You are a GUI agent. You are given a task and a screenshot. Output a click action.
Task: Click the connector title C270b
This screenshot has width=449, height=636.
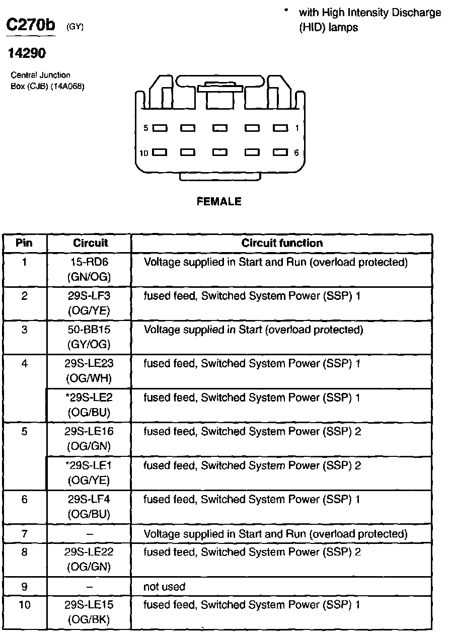tap(31, 26)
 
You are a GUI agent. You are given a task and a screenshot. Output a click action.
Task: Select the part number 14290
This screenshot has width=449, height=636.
tap(26, 53)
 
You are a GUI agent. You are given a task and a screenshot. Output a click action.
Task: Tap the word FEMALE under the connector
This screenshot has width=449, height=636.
tap(219, 202)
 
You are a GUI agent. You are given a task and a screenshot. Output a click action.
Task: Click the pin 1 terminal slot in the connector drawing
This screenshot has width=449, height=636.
tap(280, 128)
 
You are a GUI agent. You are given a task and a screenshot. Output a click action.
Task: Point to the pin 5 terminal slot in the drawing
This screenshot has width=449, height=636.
tap(160, 128)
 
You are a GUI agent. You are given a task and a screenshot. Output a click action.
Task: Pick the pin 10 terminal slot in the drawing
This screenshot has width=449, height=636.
tap(160, 152)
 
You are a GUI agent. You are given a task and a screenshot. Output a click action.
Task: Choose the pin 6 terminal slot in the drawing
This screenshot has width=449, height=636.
tap(280, 152)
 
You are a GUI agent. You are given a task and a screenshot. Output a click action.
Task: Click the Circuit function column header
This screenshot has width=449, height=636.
tap(282, 243)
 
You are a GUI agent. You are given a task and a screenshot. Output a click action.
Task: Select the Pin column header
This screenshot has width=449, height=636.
tap(24, 243)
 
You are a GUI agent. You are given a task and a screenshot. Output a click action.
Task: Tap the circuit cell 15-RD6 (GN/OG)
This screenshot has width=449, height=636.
tap(89, 270)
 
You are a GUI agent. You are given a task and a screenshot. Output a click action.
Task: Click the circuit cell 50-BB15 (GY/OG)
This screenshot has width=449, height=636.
tap(89, 337)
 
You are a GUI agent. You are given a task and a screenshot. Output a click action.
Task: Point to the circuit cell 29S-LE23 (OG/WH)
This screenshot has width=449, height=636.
tap(89, 371)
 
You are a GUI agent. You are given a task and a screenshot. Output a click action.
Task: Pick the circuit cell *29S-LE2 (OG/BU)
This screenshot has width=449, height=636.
tap(89, 405)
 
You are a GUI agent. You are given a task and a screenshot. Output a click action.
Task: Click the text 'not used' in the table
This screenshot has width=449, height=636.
tap(165, 587)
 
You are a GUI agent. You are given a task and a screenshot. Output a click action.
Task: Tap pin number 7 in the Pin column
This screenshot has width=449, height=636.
tap(24, 533)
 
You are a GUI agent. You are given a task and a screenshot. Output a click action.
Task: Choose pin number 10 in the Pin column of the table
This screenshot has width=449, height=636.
tap(24, 605)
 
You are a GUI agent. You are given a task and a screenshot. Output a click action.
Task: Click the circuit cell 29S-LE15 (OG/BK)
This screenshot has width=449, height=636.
tap(89, 612)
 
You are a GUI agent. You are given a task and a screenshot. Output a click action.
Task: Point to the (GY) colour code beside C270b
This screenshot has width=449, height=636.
tap(74, 28)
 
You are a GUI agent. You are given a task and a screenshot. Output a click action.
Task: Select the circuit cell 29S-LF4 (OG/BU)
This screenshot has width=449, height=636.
tap(89, 507)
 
